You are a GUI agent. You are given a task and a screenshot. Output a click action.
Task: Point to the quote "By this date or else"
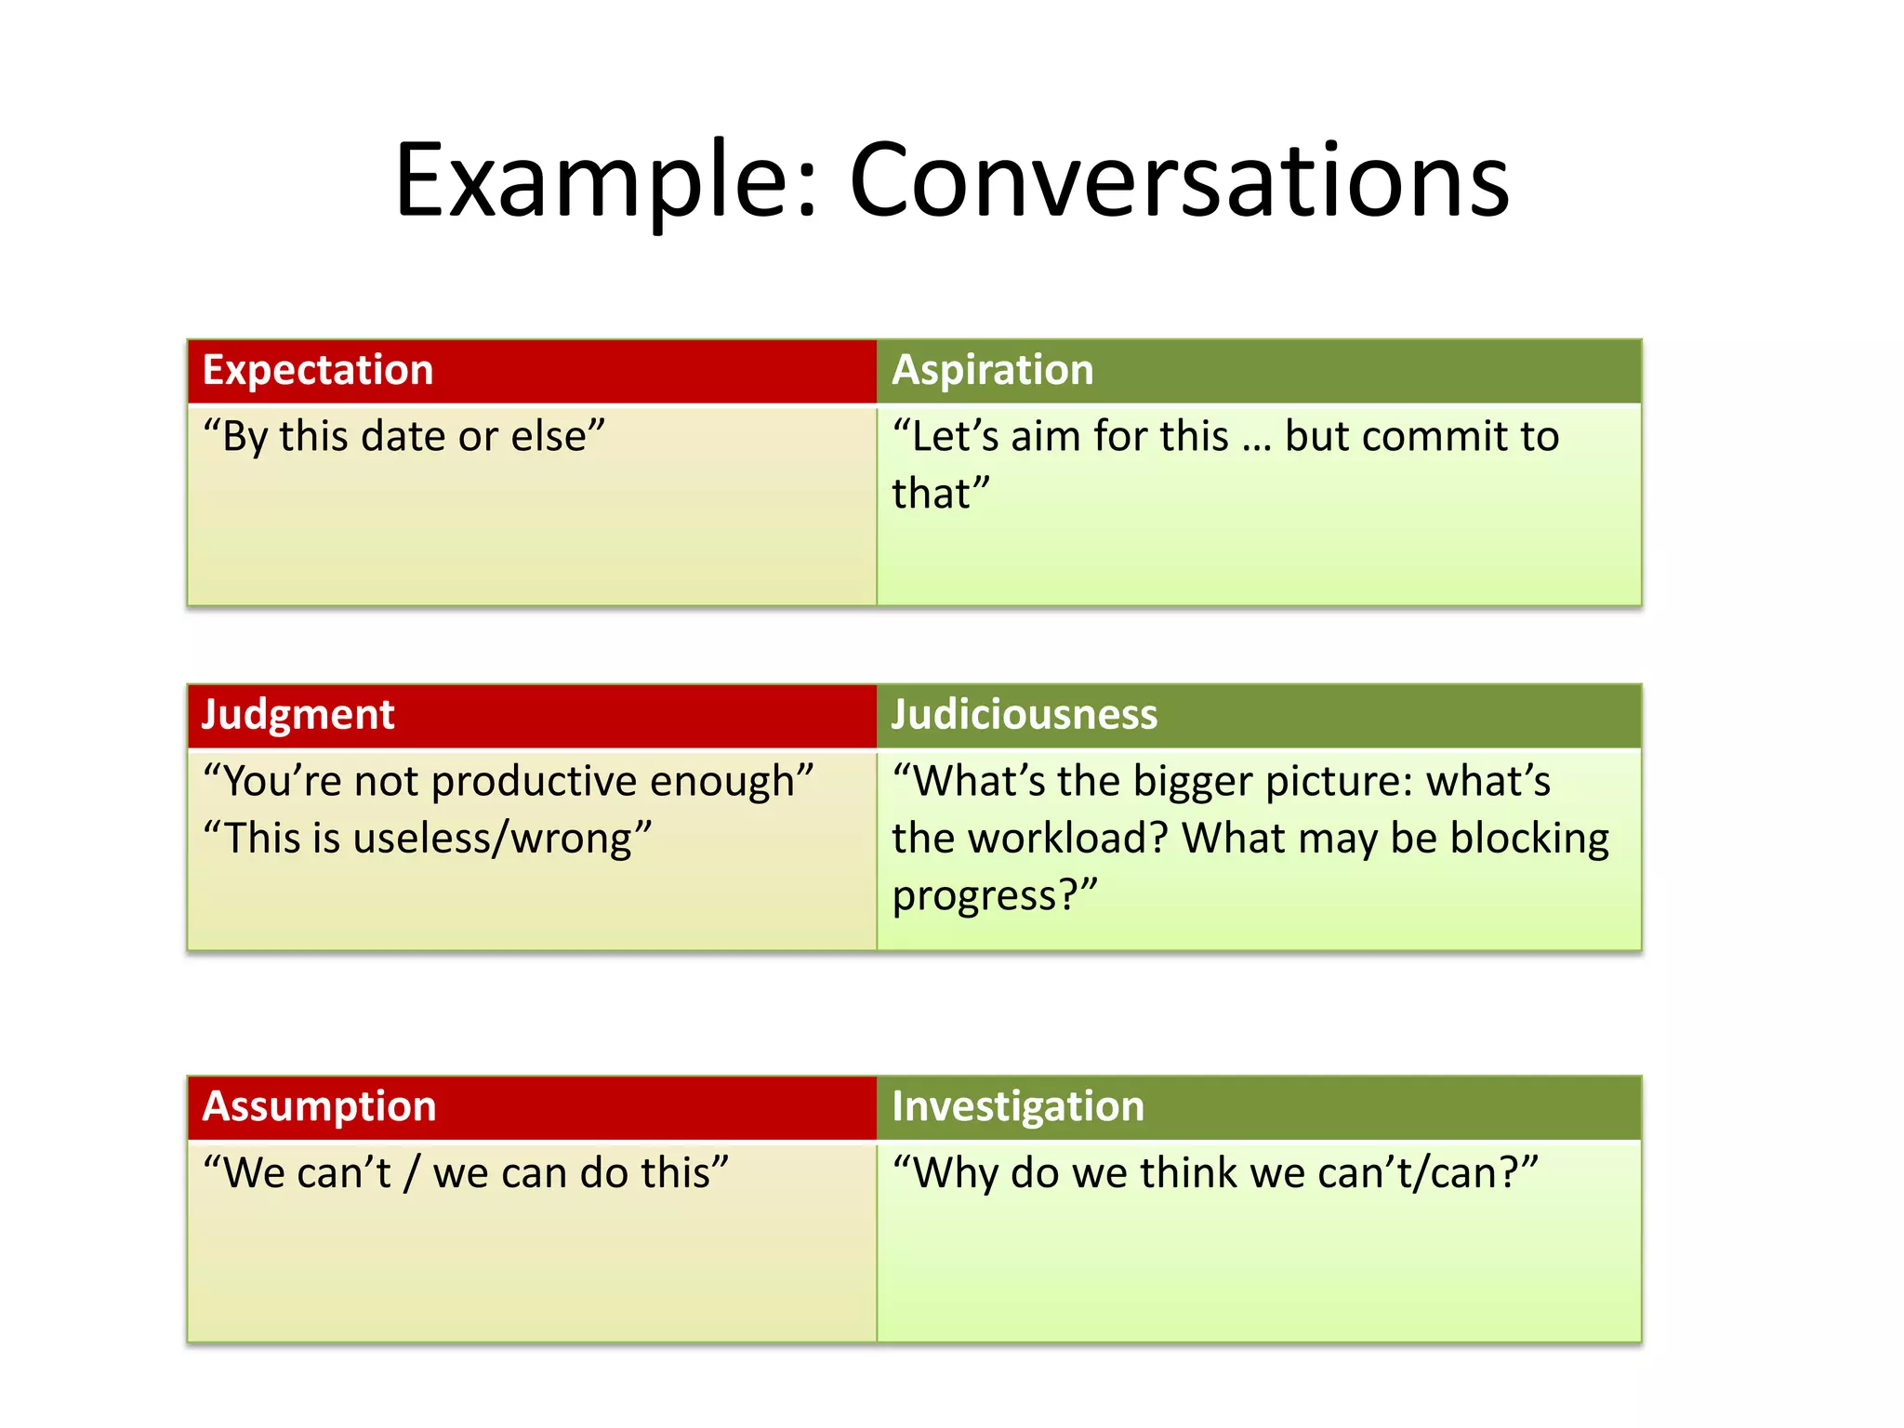403,436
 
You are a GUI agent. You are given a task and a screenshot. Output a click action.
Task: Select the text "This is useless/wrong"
427,839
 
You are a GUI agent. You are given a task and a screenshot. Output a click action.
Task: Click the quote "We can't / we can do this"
465,1173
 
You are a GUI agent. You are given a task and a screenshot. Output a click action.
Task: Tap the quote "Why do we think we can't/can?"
1215,1173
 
